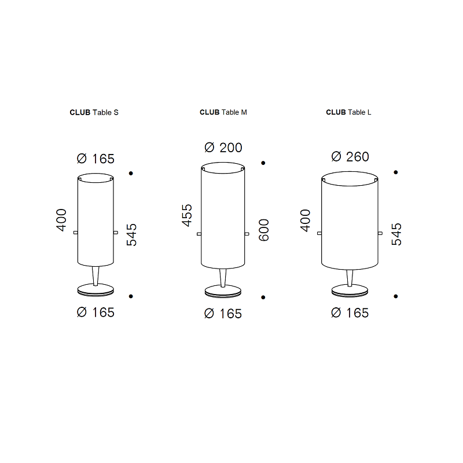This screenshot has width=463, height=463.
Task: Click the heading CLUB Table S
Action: coord(94,112)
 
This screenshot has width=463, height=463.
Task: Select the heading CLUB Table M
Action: coord(223,112)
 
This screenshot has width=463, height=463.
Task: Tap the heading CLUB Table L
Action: coord(348,112)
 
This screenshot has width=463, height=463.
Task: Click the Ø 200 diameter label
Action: coord(223,148)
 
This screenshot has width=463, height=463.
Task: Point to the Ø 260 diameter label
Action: coord(350,157)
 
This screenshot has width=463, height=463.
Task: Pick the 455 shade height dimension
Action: coord(187,215)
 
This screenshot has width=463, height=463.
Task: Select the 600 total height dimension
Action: coord(264,230)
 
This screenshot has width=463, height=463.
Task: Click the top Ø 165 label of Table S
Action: coord(95,159)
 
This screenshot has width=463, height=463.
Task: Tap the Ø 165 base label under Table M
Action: coord(223,314)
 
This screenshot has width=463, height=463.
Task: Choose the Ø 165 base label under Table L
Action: coord(350,313)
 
